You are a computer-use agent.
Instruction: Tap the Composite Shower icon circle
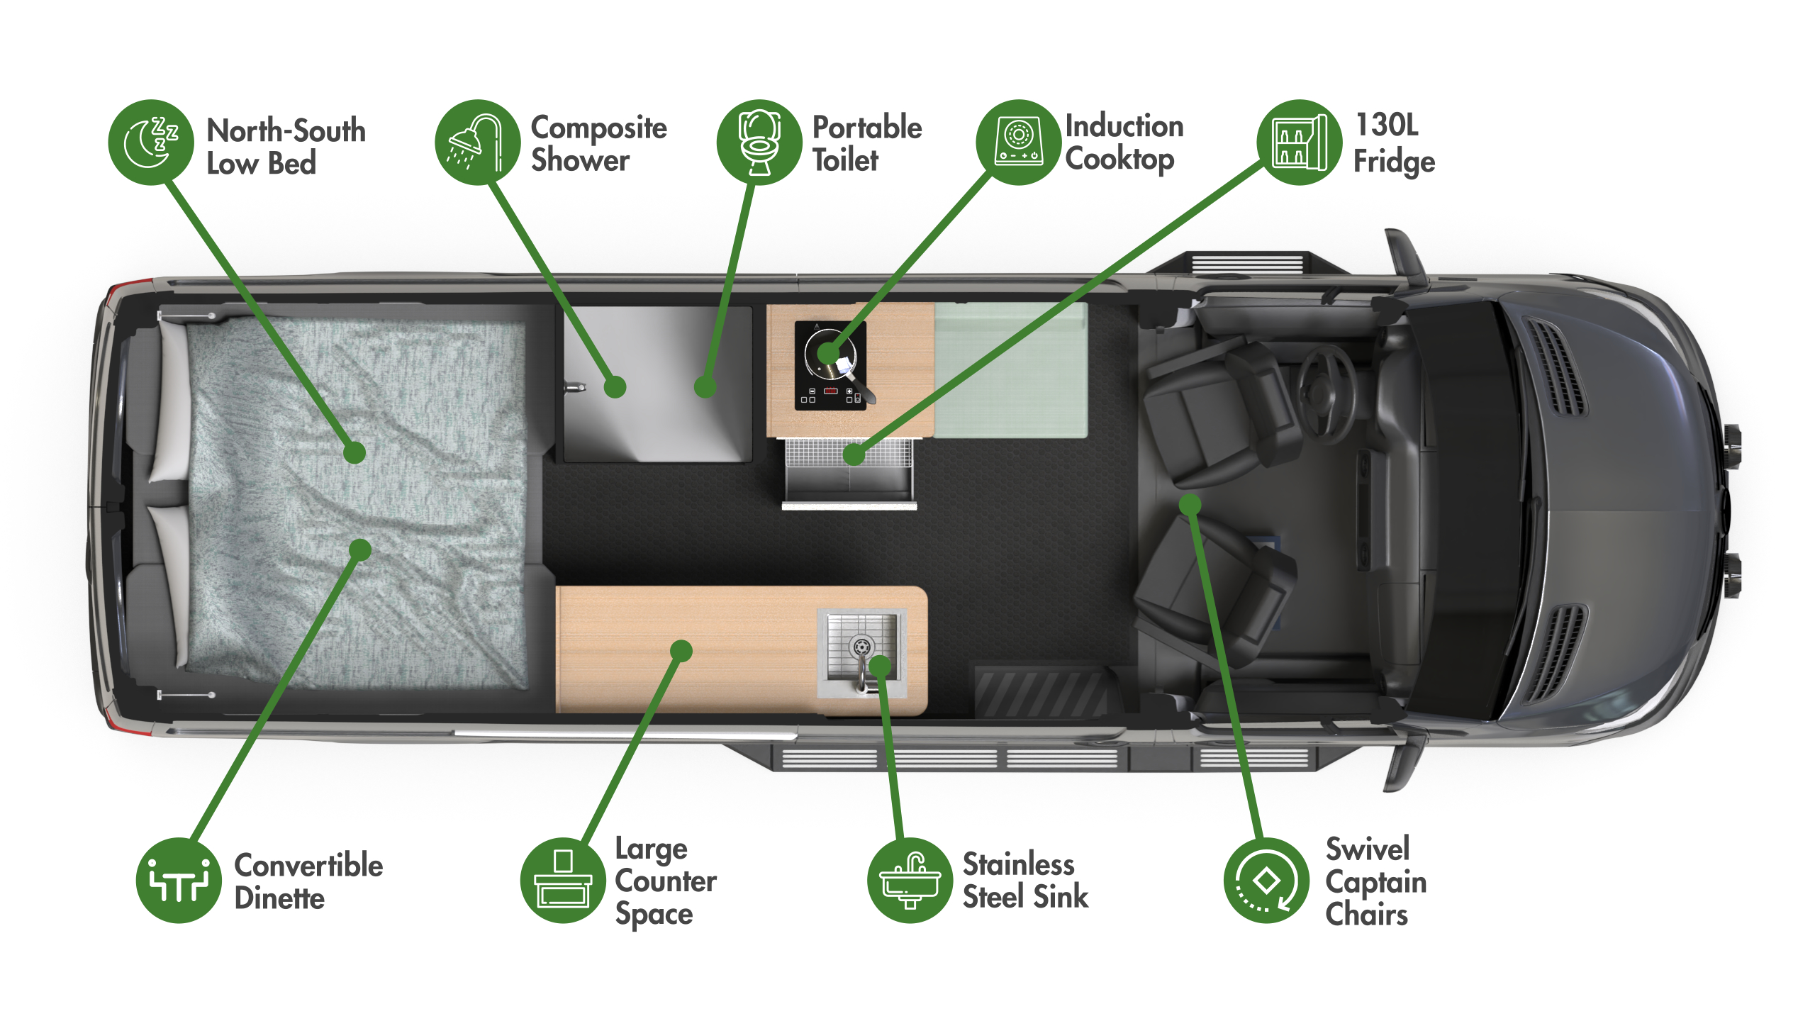tap(478, 143)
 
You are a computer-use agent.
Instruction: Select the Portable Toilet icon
tap(759, 143)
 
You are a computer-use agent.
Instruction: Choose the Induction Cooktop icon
tap(1019, 143)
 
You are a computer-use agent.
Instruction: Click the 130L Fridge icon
tap(1300, 143)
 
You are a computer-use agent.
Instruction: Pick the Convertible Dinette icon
tap(179, 880)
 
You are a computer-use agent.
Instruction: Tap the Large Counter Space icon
tap(563, 880)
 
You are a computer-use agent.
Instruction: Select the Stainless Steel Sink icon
tap(910, 880)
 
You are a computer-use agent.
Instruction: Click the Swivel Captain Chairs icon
tap(1267, 880)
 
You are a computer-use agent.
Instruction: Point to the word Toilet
tap(845, 160)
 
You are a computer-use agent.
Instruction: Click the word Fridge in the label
tap(1394, 162)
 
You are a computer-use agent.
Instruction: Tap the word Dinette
tap(279, 898)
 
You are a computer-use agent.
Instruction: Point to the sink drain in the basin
tap(861, 647)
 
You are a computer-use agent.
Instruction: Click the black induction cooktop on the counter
tap(830, 365)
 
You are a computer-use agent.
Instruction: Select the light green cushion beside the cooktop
tap(1011, 370)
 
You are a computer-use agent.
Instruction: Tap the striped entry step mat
tap(1041, 691)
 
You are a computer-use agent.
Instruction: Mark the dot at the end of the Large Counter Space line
tap(681, 651)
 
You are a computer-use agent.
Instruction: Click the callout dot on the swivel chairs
tap(1190, 505)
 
